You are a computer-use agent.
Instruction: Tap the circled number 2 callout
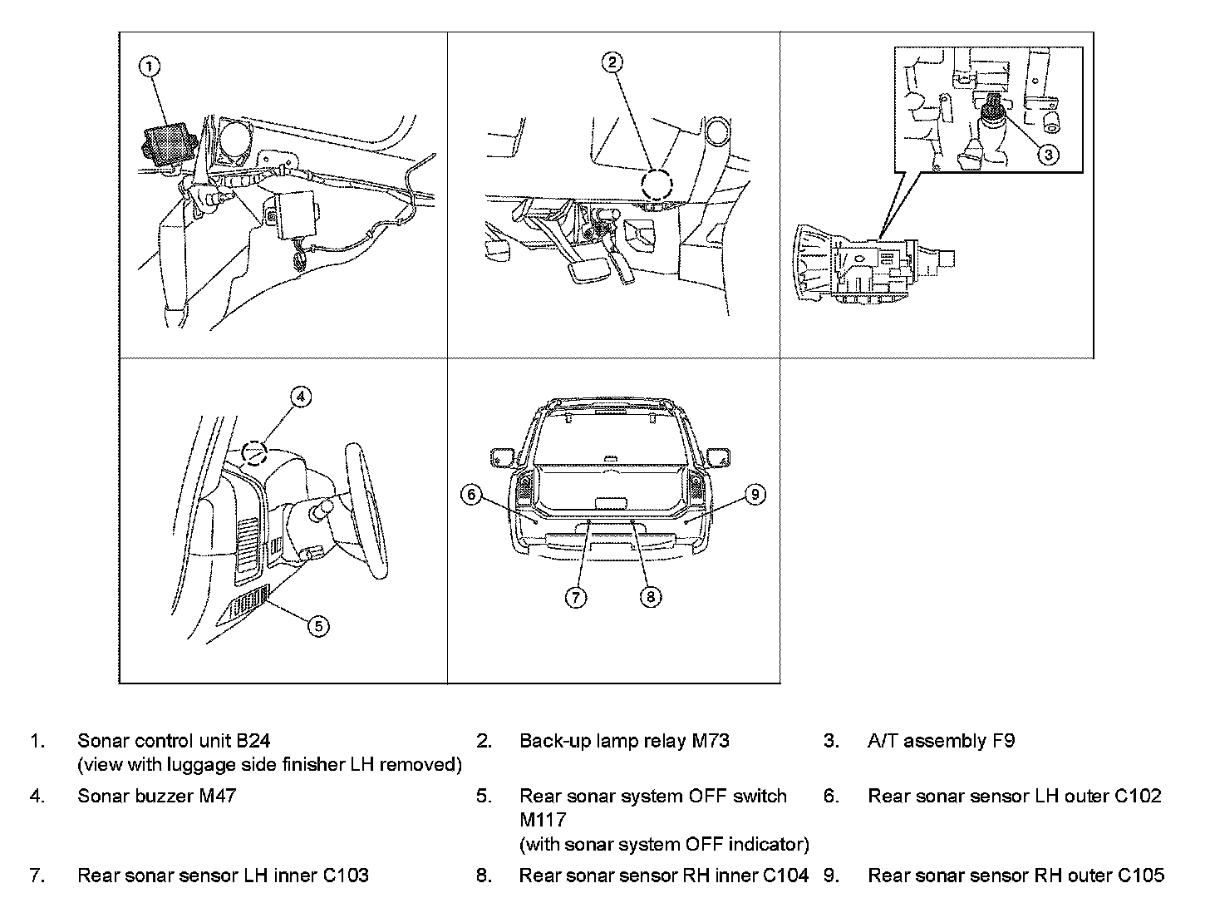(x=612, y=61)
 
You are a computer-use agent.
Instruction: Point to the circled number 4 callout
(x=301, y=397)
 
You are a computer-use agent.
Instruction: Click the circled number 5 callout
(x=319, y=625)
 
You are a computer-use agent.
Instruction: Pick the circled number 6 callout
(x=471, y=495)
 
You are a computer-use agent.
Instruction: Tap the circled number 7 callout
(x=576, y=596)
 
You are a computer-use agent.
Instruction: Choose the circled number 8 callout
(x=651, y=596)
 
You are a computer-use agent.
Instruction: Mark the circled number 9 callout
(x=755, y=495)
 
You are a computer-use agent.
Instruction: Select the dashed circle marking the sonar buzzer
(x=255, y=453)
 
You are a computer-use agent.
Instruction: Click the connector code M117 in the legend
(x=543, y=819)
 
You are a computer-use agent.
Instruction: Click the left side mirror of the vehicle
(x=502, y=456)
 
